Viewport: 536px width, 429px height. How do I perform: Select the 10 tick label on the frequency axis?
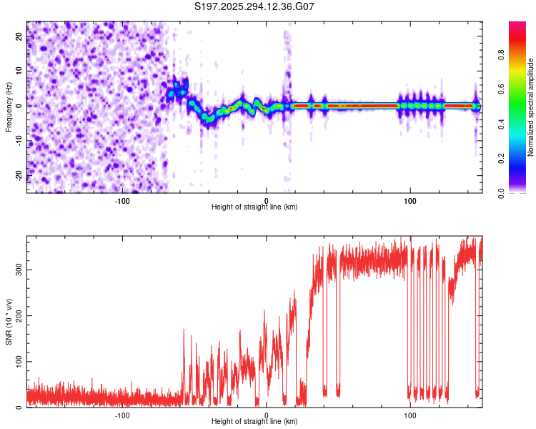[19, 71]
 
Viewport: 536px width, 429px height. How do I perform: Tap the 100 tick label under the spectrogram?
[410, 200]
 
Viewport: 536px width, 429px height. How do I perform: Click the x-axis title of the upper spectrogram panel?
[254, 207]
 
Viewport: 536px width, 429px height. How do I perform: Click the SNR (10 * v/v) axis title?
[9, 322]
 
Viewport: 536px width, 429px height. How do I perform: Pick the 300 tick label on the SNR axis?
[16, 269]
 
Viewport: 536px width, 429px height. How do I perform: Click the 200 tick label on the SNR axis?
[16, 315]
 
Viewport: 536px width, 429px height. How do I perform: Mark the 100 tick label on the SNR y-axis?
[16, 362]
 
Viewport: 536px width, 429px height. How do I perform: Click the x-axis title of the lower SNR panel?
[254, 422]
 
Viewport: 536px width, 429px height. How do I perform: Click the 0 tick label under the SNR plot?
[267, 415]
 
